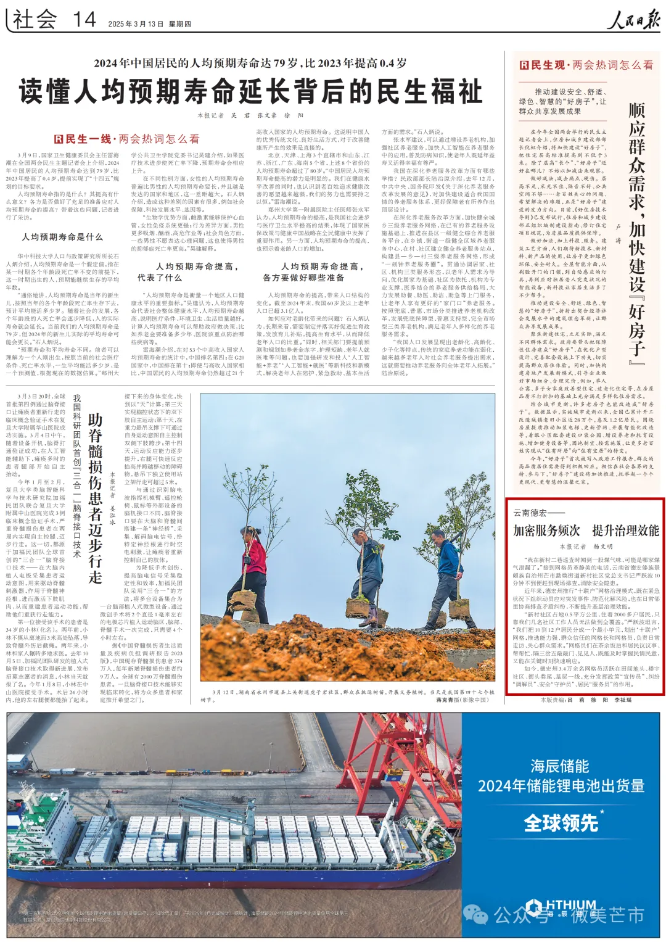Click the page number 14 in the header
point(84,20)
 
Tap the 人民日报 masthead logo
point(632,20)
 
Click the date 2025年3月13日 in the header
point(136,24)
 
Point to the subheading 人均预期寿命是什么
point(62,237)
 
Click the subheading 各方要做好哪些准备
point(303,278)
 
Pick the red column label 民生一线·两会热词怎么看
point(126,139)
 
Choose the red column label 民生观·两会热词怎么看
point(586,65)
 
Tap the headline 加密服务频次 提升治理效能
point(586,531)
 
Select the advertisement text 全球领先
point(561,823)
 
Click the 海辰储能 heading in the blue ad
point(559,766)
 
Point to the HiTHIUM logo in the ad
point(561,906)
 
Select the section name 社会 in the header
point(35,20)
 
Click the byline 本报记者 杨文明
point(586,547)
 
